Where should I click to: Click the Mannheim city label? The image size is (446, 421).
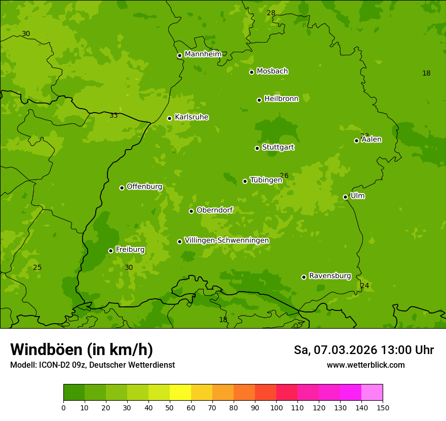(203, 54)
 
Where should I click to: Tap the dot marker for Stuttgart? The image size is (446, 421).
(257, 148)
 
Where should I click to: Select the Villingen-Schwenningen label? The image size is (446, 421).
(227, 240)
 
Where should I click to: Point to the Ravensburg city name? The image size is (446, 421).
(329, 276)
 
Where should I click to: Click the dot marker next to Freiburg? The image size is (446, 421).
(110, 251)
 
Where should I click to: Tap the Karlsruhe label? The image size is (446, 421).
(191, 117)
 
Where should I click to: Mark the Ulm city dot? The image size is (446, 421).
(345, 197)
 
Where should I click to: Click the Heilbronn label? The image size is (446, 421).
(281, 99)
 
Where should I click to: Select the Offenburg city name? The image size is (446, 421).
(144, 187)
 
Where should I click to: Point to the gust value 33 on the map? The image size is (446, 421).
(114, 116)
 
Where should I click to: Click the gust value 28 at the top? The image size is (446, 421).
(271, 13)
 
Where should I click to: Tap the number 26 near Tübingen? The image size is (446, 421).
(284, 176)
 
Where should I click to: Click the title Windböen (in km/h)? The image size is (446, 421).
(82, 349)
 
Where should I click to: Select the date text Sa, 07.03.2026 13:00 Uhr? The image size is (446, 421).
(363, 350)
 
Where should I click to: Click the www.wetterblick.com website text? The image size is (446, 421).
(365, 365)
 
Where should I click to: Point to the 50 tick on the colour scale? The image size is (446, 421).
(170, 407)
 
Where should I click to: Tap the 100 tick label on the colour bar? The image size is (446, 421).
(276, 407)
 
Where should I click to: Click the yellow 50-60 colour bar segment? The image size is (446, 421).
(180, 393)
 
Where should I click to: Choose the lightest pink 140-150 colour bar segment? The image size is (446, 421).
(372, 393)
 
